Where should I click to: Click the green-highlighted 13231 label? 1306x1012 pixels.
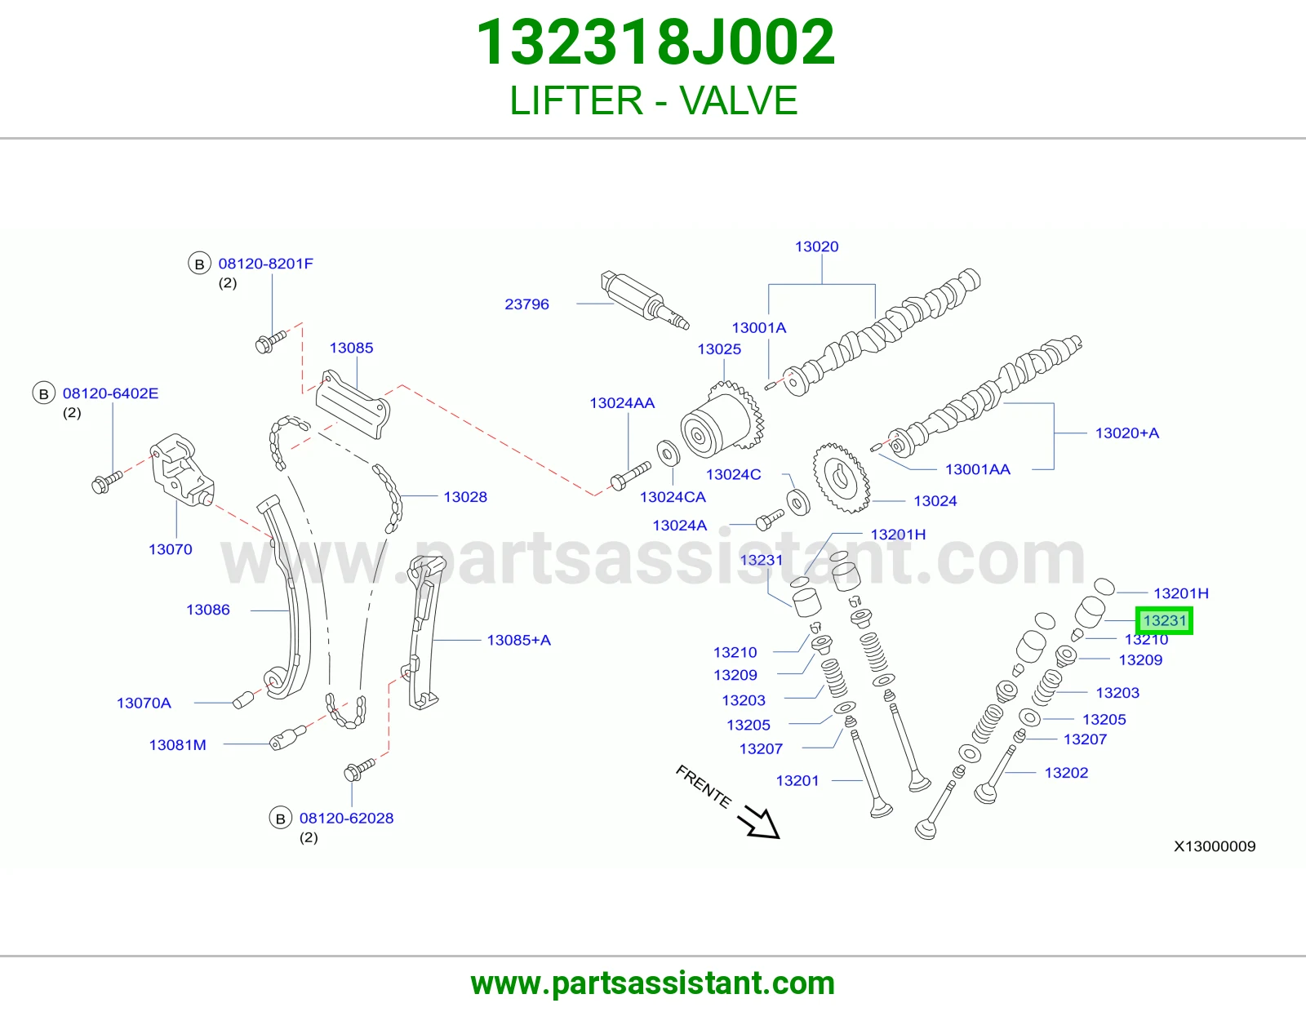tap(1164, 620)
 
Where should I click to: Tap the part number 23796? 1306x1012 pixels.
tap(526, 304)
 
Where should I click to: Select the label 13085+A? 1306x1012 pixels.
tap(518, 640)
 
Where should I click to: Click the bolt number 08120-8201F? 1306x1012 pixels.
tap(265, 264)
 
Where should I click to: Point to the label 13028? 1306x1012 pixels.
tap(465, 497)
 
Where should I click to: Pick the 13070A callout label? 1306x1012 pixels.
tap(144, 703)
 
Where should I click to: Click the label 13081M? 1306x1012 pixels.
tap(177, 744)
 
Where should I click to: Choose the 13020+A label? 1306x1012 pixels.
tap(1127, 433)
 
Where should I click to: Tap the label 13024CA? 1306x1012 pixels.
tap(673, 497)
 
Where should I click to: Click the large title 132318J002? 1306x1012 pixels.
tap(655, 42)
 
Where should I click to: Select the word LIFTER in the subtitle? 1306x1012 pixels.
tap(576, 100)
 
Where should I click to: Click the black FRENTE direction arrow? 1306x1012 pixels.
tap(759, 822)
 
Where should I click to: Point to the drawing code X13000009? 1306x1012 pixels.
tap(1215, 846)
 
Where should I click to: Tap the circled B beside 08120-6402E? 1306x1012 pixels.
tap(43, 393)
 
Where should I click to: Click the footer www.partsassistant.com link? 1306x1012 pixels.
tap(653, 983)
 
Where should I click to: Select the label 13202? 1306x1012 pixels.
tap(1066, 773)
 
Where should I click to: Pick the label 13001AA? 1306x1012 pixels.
tap(977, 469)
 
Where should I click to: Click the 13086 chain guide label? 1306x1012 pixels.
tap(208, 610)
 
